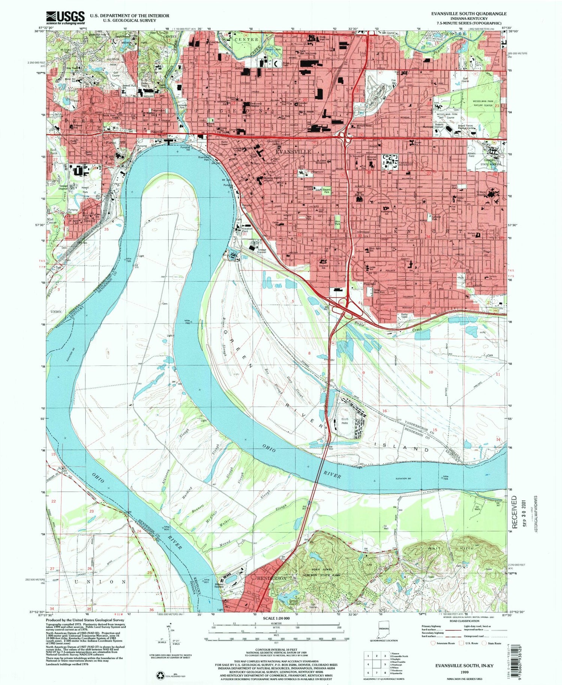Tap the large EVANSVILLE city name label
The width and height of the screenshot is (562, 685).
click(293, 152)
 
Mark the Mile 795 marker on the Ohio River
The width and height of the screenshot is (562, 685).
click(129, 259)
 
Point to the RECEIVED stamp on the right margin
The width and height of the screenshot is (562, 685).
click(514, 512)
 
